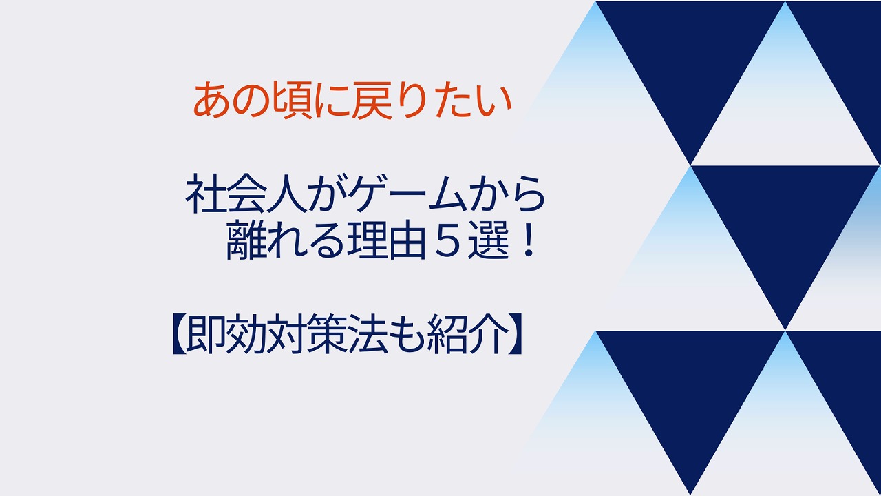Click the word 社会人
tap(246, 195)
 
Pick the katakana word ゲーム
tap(407, 195)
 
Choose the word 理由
tap(386, 240)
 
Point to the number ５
tap(447, 240)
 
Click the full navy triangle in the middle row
tap(785, 220)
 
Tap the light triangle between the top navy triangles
tap(785, 110)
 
